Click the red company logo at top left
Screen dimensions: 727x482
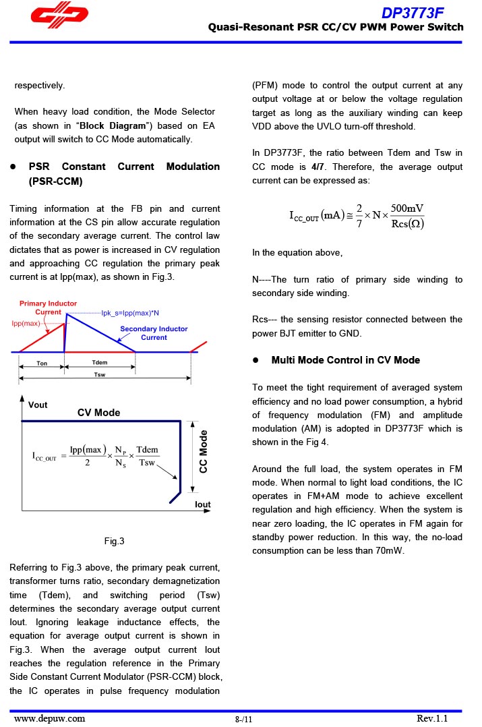click(x=59, y=17)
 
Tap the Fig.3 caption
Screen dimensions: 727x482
click(x=114, y=541)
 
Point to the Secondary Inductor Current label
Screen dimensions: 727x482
click(x=154, y=333)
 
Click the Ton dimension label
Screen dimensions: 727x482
click(x=42, y=363)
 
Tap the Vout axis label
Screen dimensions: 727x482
click(x=38, y=405)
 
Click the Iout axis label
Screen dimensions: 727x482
click(x=202, y=504)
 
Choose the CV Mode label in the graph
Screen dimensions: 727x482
click(x=98, y=413)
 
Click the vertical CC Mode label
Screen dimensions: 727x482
click(x=204, y=451)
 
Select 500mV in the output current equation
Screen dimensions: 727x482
click(x=407, y=208)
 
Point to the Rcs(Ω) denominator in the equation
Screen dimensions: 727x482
click(x=407, y=224)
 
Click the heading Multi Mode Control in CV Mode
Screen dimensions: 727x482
click(x=345, y=360)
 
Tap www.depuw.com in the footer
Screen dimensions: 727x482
click(x=50, y=718)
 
